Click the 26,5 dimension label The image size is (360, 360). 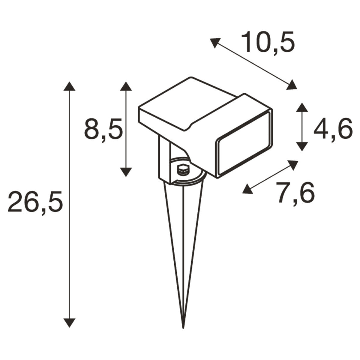point(35,203)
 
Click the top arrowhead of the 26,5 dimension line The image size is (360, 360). point(69,86)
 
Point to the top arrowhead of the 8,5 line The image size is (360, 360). point(126,86)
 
